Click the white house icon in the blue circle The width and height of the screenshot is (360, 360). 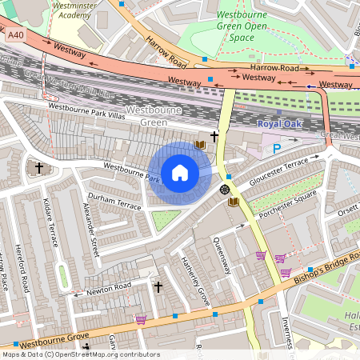pos(180,173)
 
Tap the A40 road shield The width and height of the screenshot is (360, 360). pos(15,35)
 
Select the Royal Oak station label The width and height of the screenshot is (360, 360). pos(281,124)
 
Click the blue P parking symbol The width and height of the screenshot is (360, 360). pos(278,148)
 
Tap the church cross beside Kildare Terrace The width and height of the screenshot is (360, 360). pos(39,168)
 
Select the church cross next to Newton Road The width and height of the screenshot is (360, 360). pos(158,286)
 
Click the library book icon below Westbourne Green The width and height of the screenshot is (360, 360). pos(200,144)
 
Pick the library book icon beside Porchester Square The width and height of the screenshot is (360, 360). pos(234,203)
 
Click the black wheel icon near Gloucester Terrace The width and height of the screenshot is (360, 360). pos(224,189)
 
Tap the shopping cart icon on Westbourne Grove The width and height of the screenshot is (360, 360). pos(141,320)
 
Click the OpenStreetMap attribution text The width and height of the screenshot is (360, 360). pos(80,354)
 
